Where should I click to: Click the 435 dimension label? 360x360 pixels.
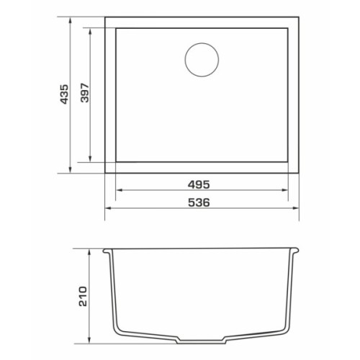pyautogui.click(x=64, y=94)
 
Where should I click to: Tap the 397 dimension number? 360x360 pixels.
pyautogui.click(x=85, y=93)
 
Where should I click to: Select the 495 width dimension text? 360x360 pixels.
pyautogui.click(x=199, y=184)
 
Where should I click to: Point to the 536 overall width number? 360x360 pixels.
pyautogui.click(x=199, y=202)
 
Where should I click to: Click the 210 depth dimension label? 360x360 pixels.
pyautogui.click(x=83, y=296)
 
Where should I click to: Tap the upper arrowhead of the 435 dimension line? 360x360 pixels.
pyautogui.click(x=71, y=20)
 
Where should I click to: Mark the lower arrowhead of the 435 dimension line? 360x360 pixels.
pyautogui.click(x=71, y=169)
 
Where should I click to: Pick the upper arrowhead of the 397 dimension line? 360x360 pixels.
pyautogui.click(x=90, y=32)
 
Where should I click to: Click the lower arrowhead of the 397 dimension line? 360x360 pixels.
pyautogui.click(x=90, y=159)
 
